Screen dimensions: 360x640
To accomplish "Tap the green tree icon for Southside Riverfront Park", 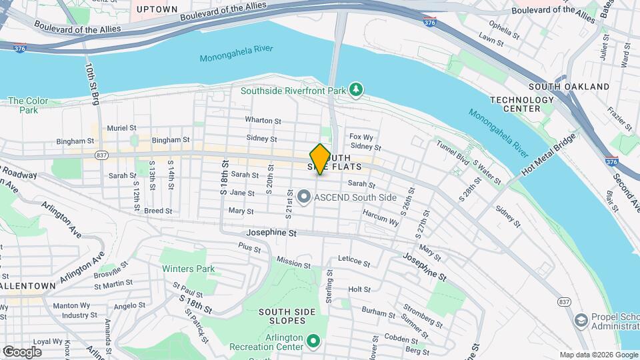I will [357, 90].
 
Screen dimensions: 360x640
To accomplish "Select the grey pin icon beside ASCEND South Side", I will [304, 196].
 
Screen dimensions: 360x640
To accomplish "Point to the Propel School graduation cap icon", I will [580, 321].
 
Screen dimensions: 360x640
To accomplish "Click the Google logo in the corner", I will [22, 351].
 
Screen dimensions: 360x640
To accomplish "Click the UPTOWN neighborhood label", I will [157, 9].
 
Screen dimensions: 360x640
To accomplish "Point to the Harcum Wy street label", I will [381, 217].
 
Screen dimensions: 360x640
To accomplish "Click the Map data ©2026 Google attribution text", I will [597, 355].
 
